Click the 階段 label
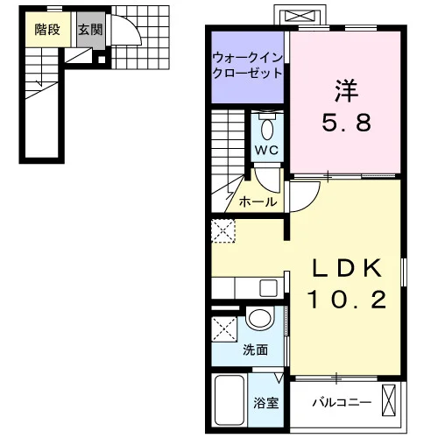47,30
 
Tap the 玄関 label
90,30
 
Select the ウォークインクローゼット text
248,66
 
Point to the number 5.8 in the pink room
347,123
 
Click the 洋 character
347,91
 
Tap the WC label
266,151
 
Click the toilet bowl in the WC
267,130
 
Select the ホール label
258,201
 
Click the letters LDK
347,268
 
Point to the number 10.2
347,300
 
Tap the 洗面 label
256,350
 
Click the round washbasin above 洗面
259,318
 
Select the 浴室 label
265,403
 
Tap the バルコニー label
342,403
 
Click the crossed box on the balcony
389,400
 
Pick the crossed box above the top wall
300,16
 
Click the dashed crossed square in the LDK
223,230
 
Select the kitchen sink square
268,288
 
